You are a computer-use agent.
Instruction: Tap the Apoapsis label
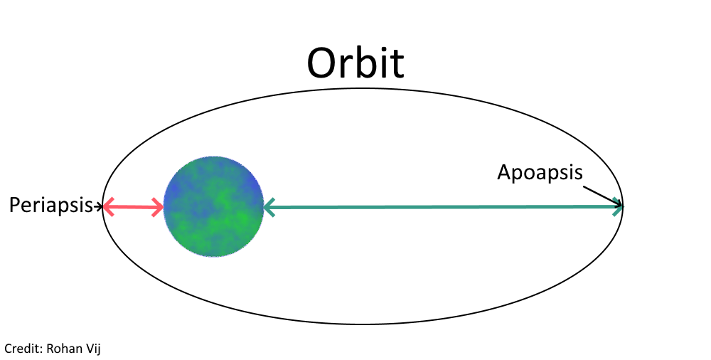point(540,172)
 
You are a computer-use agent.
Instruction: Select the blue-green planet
point(213,206)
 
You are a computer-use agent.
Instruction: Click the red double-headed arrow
point(134,207)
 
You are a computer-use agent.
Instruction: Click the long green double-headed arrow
point(441,207)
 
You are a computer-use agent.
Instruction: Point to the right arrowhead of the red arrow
point(159,208)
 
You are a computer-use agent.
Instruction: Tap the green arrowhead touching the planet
point(269,208)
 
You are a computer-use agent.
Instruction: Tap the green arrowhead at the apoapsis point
point(618,207)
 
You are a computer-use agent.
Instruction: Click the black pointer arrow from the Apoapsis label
point(602,196)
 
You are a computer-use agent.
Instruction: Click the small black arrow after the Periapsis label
point(99,207)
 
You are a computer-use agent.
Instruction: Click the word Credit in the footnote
point(22,349)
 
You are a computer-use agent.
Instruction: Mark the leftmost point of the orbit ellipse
point(102,207)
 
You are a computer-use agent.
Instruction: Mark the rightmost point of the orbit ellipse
point(624,207)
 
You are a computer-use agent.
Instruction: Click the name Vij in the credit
point(96,349)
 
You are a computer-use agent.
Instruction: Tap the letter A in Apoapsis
point(504,171)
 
